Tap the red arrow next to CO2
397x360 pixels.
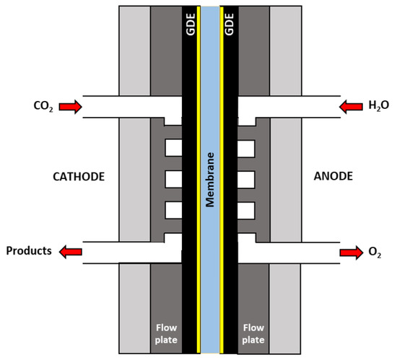coord(71,107)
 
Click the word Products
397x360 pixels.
coord(30,251)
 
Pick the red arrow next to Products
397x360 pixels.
coord(71,251)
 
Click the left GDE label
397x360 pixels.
coord(192,27)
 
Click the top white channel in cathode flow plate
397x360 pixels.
coord(174,148)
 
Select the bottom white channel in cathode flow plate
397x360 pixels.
coord(174,210)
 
